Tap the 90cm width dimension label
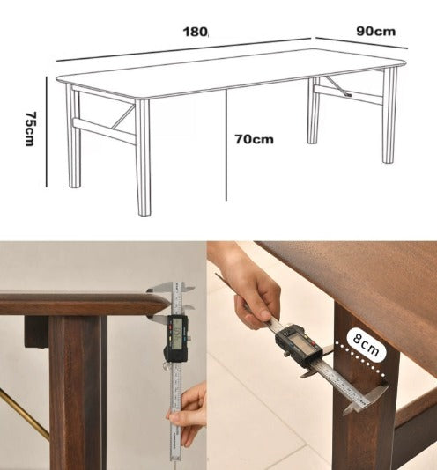pyautogui.click(x=375, y=31)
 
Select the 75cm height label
pyautogui.click(x=31, y=129)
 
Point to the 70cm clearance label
pyautogui.click(x=254, y=139)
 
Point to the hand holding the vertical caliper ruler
pyautogui.click(x=188, y=414)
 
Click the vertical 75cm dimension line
pyautogui.click(x=46, y=132)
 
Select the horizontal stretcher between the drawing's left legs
pyautogui.click(x=105, y=131)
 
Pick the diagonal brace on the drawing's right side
pyautogui.click(x=335, y=85)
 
